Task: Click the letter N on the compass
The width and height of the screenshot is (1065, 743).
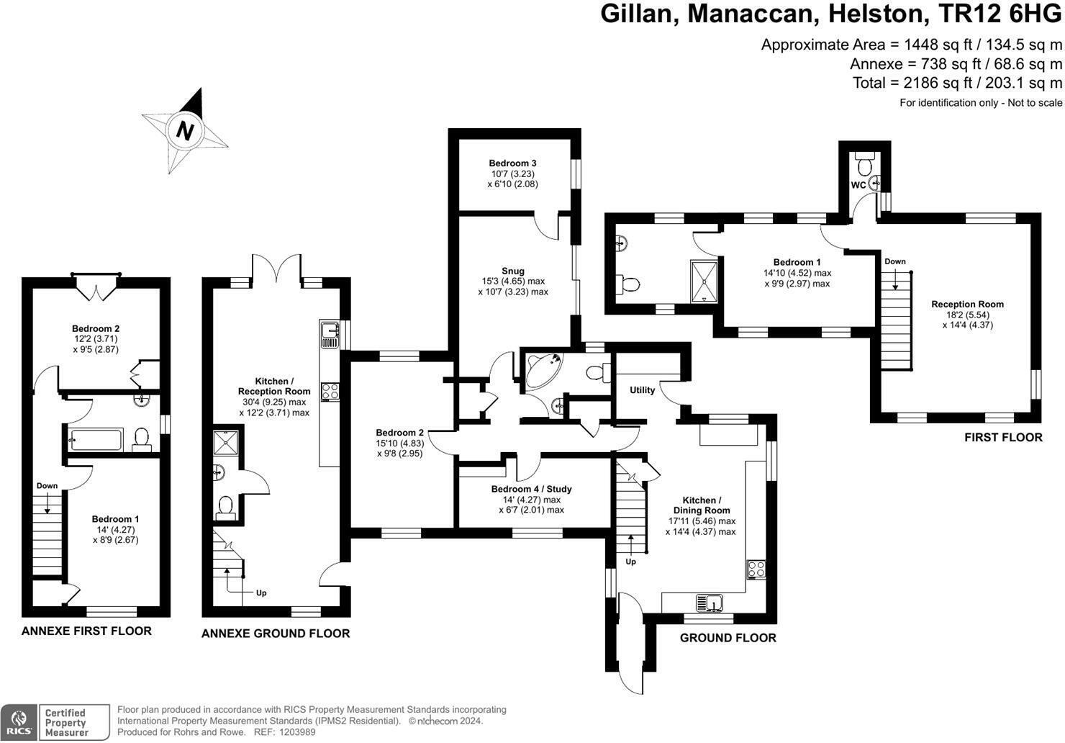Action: [186, 131]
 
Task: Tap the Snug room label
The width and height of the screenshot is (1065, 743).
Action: [513, 271]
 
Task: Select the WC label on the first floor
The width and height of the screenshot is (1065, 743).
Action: [858, 185]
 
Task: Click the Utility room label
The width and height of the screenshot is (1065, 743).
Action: [642, 390]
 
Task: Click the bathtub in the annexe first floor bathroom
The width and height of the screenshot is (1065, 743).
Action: [96, 438]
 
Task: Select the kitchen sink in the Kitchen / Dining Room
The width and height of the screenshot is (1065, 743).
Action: [710, 601]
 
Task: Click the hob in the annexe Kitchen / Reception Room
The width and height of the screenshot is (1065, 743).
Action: [330, 391]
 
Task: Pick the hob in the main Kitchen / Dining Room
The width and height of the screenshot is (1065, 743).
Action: [756, 569]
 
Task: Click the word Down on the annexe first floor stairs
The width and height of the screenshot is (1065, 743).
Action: [47, 486]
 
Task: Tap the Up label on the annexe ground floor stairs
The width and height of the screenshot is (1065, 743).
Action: [261, 593]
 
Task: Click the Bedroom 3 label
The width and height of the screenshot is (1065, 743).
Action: [512, 163]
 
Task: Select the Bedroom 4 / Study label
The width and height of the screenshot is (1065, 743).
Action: [531, 489]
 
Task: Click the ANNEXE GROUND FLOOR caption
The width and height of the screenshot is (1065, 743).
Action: [276, 634]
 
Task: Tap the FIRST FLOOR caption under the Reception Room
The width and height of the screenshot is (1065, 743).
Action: [1003, 437]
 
